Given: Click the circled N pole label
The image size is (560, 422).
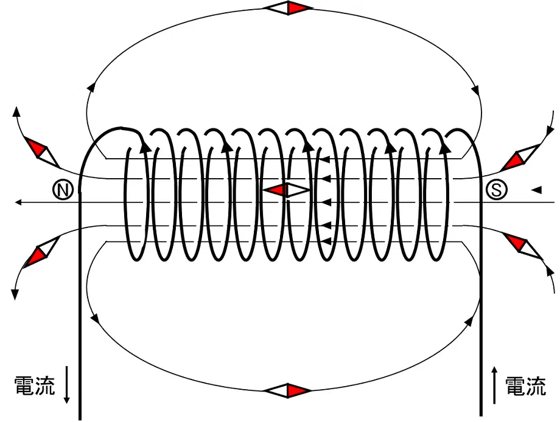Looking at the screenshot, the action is coord(63,190).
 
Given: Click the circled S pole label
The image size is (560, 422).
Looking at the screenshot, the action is coord(497,190).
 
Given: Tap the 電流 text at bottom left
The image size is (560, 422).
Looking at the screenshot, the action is coord(35,386).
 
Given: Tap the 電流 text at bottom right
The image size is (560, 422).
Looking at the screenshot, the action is coord(526,386).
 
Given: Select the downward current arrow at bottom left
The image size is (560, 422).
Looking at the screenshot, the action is coord(66,384).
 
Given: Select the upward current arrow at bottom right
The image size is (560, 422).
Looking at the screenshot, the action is coord(494,385).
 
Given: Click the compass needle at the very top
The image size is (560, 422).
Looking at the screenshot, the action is coord(287,8).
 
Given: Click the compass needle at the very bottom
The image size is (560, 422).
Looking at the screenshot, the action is coord(287,390).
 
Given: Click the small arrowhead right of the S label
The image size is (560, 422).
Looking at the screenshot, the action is coord(537,190).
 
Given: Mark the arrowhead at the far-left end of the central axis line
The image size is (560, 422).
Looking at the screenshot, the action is coord(19,202).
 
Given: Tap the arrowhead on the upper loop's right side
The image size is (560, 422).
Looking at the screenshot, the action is coord(475,89).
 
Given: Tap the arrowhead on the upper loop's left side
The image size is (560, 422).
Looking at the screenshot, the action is coord(92,87).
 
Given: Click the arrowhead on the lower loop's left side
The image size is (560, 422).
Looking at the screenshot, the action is coord(95,317).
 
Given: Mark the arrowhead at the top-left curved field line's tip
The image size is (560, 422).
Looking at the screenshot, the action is coord(16,111).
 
